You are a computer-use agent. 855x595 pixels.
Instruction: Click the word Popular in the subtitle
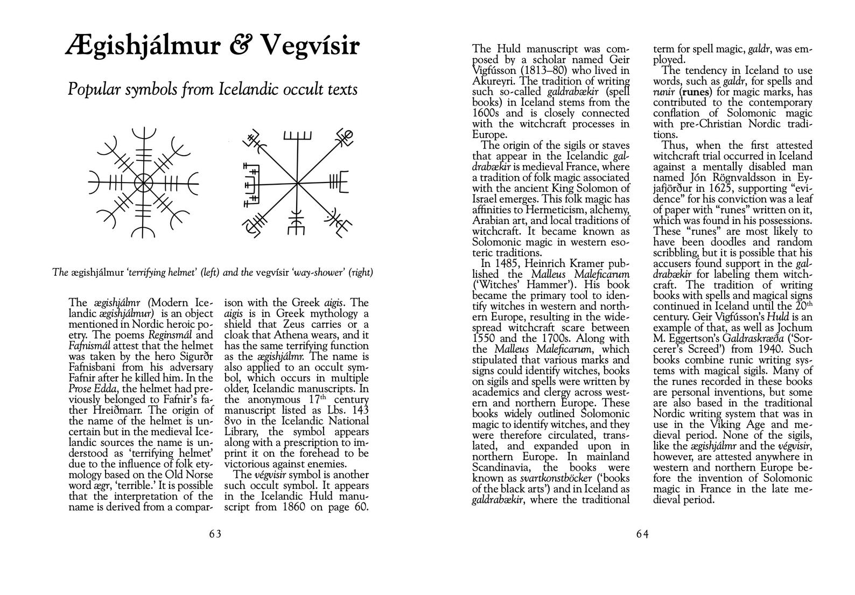tap(95, 89)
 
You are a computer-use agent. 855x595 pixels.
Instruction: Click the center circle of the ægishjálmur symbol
tap(144, 182)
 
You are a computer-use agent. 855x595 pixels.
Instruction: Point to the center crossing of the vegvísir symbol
tap(297, 183)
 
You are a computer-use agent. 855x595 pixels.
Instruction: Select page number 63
tap(215, 534)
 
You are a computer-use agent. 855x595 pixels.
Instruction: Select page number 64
tap(643, 534)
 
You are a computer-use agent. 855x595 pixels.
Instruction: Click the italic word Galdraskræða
tap(727, 339)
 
